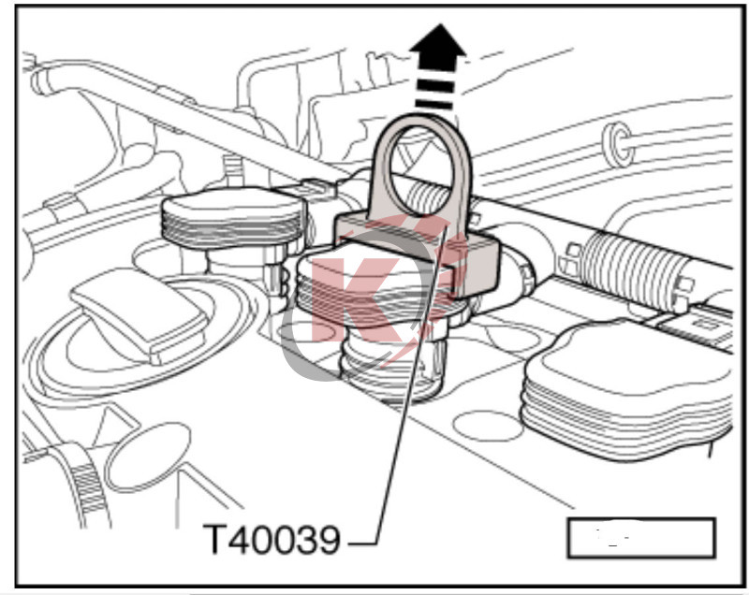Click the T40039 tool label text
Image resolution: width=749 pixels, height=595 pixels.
point(272,539)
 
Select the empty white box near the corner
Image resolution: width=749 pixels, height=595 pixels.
point(641,538)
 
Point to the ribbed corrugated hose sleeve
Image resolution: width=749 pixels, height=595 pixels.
point(629,269)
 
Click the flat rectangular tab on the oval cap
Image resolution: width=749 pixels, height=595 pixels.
point(140,316)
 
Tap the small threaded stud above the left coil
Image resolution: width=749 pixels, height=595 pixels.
point(233,171)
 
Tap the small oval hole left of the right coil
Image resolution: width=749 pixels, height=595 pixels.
point(487,426)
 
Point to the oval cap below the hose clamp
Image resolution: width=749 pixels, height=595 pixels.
point(147,457)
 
